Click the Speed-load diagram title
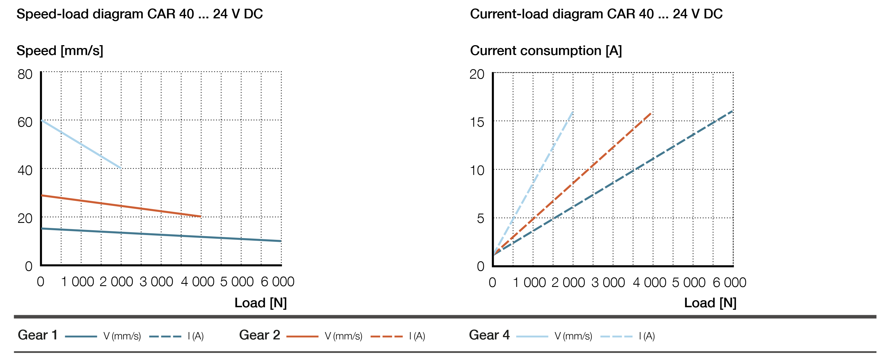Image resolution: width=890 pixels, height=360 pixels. tap(140, 14)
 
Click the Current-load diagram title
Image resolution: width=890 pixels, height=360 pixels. tap(596, 14)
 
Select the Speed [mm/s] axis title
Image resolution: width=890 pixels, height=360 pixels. tap(60, 51)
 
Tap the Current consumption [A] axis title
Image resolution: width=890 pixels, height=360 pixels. tap(546, 51)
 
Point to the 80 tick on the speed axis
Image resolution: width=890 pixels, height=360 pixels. tap(25, 74)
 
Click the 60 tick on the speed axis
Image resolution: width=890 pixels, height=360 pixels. tap(25, 122)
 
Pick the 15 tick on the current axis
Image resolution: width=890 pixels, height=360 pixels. tap(477, 122)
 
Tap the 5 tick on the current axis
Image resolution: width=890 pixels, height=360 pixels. tap(480, 218)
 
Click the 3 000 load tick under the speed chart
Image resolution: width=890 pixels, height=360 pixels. tap(156, 282)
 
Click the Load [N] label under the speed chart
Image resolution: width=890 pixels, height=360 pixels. tap(261, 303)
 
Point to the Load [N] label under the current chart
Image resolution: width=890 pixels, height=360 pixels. tap(710, 303)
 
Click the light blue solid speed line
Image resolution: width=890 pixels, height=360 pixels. tap(81, 144)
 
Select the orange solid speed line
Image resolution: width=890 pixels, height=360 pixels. tap(121, 206)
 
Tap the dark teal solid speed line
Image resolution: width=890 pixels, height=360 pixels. tap(161, 234)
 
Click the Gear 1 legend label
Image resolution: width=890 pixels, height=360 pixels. tap(37, 335)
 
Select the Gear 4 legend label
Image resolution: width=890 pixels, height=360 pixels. tap(489, 335)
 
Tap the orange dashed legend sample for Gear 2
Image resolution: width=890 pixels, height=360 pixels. tap(386, 336)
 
